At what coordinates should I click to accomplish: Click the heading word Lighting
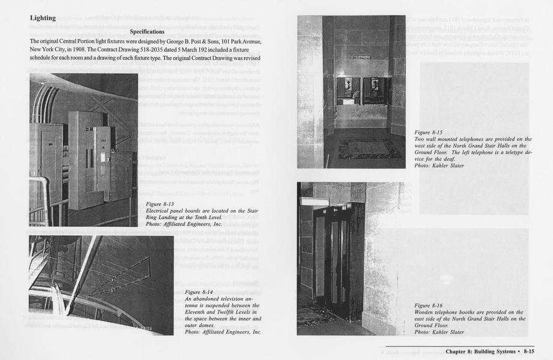43,18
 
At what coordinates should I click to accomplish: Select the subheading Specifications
147,31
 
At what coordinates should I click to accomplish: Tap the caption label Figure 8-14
200,292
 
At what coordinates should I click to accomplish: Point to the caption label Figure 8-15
428,133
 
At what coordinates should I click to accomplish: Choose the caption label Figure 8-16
428,305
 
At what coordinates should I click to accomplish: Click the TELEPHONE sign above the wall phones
361,57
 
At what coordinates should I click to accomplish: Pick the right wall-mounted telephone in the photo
375,91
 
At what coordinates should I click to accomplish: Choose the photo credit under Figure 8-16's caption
439,332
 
